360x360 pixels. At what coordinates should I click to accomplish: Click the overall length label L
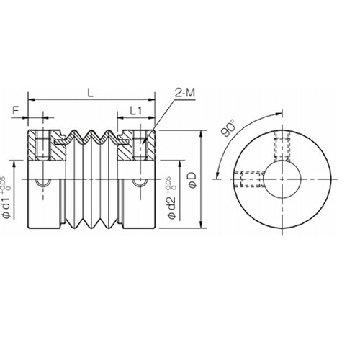point(89,92)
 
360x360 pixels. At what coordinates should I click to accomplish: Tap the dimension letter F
point(16,111)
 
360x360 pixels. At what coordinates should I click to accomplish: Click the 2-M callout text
point(184,92)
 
